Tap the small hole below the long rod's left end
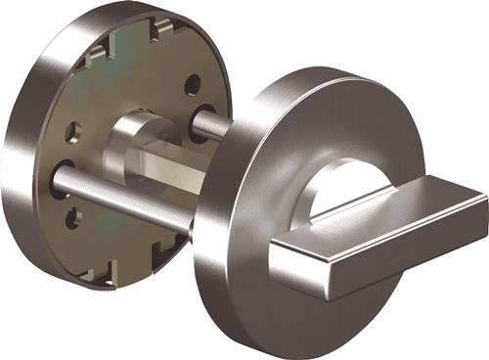(72, 218)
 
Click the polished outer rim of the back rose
(24, 147)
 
